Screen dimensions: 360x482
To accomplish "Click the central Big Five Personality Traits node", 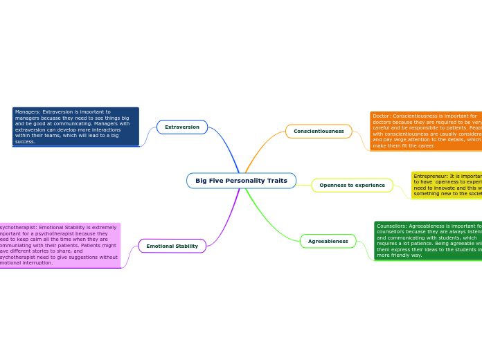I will [x=241, y=181].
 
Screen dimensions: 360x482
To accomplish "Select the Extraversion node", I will [x=182, y=127].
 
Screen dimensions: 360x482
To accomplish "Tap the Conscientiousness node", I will [x=319, y=132].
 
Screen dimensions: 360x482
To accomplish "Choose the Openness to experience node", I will [x=352, y=186].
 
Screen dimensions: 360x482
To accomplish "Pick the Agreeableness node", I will [x=328, y=242].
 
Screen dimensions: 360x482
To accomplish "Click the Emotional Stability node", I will [x=172, y=246].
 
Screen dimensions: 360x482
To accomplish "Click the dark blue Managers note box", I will [x=75, y=127].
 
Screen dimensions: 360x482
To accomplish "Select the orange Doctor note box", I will [x=426, y=132].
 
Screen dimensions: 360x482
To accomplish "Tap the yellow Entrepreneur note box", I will [x=447, y=186].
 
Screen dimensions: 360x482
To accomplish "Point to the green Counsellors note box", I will [x=428, y=240].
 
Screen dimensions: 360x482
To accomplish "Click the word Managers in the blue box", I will [x=28, y=111].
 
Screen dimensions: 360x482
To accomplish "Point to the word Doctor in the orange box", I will [x=382, y=116].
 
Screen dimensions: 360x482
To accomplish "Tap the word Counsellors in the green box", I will [x=391, y=226].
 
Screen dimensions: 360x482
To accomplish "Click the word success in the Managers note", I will [x=25, y=141].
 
